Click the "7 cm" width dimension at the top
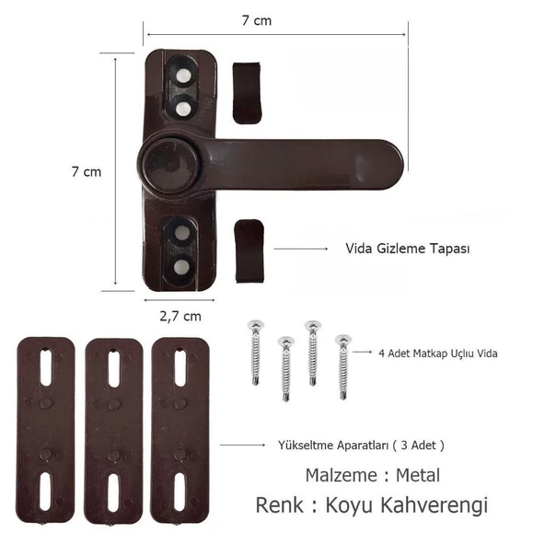(x=274, y=19)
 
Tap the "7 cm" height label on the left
(x=87, y=171)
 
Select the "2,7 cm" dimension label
(x=180, y=316)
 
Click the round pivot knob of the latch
(x=169, y=163)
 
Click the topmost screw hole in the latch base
(x=184, y=70)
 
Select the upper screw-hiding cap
(x=248, y=92)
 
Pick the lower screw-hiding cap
(x=249, y=250)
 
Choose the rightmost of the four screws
(x=343, y=367)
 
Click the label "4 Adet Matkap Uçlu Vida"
(x=438, y=353)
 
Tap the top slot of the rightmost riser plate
(x=180, y=368)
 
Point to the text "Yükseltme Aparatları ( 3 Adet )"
(x=361, y=445)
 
